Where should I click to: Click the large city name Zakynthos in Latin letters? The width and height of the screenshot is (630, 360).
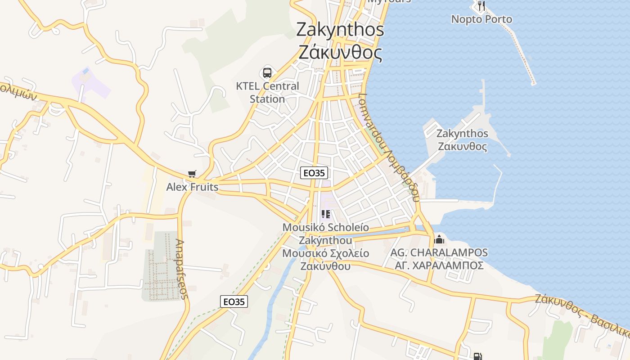click(340, 30)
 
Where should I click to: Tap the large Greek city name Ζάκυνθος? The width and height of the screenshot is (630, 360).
click(340, 53)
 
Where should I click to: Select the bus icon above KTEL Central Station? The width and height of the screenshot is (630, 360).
click(267, 72)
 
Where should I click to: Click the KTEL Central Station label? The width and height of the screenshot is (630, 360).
click(267, 92)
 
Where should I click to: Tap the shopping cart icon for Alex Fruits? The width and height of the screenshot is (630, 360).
click(192, 174)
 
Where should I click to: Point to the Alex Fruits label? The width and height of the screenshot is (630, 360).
click(192, 187)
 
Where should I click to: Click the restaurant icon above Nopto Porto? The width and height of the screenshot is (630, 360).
click(481, 6)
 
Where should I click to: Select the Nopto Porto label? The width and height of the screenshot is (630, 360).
click(481, 19)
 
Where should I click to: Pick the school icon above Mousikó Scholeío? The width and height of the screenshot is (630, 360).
click(325, 215)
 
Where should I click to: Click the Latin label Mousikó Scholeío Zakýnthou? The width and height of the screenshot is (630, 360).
click(325, 234)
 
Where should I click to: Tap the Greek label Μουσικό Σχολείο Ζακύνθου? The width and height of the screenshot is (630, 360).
click(325, 260)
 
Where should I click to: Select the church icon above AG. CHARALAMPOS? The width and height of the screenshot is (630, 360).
click(439, 239)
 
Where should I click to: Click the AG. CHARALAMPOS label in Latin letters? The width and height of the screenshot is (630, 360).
click(439, 252)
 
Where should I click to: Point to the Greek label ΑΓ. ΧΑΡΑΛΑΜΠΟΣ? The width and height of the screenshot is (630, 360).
click(439, 265)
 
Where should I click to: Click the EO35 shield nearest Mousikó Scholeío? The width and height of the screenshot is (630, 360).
click(314, 173)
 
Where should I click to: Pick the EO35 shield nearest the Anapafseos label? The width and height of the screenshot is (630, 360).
click(234, 301)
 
